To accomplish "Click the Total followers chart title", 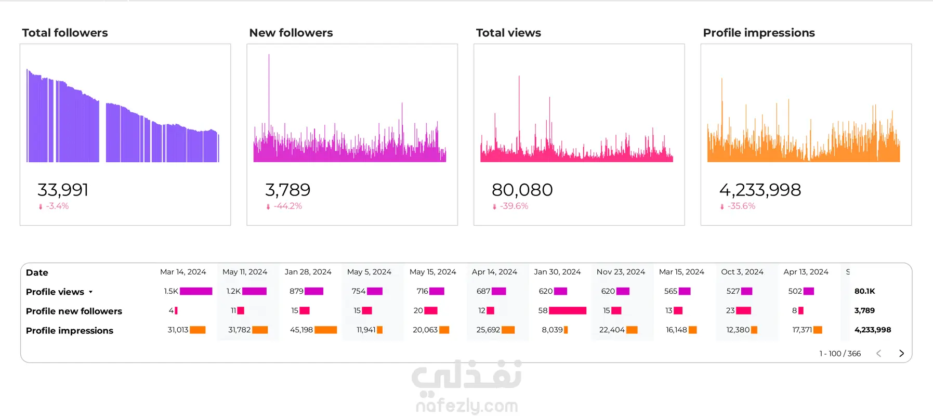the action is tap(65, 33).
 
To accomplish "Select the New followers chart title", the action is tap(291, 33).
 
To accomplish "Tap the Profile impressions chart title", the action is tap(759, 33).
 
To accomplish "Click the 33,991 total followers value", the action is tap(63, 190).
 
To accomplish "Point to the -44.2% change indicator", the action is tap(284, 206).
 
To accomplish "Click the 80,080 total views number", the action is tap(522, 190).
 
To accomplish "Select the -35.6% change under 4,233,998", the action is tap(738, 206).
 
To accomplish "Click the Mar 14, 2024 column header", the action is tap(183, 272).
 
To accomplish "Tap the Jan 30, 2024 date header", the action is tap(557, 272).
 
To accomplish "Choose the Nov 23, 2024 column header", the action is tap(621, 272).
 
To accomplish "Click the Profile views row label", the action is tap(55, 292).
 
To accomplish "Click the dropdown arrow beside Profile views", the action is tap(90, 292).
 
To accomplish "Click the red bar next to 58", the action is tap(568, 310).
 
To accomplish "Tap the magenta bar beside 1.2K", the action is tap(254, 291).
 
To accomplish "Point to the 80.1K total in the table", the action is tap(865, 291).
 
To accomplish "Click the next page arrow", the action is tap(901, 354).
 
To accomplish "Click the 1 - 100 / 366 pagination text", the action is tap(840, 354).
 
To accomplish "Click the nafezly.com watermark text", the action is tap(467, 406).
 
